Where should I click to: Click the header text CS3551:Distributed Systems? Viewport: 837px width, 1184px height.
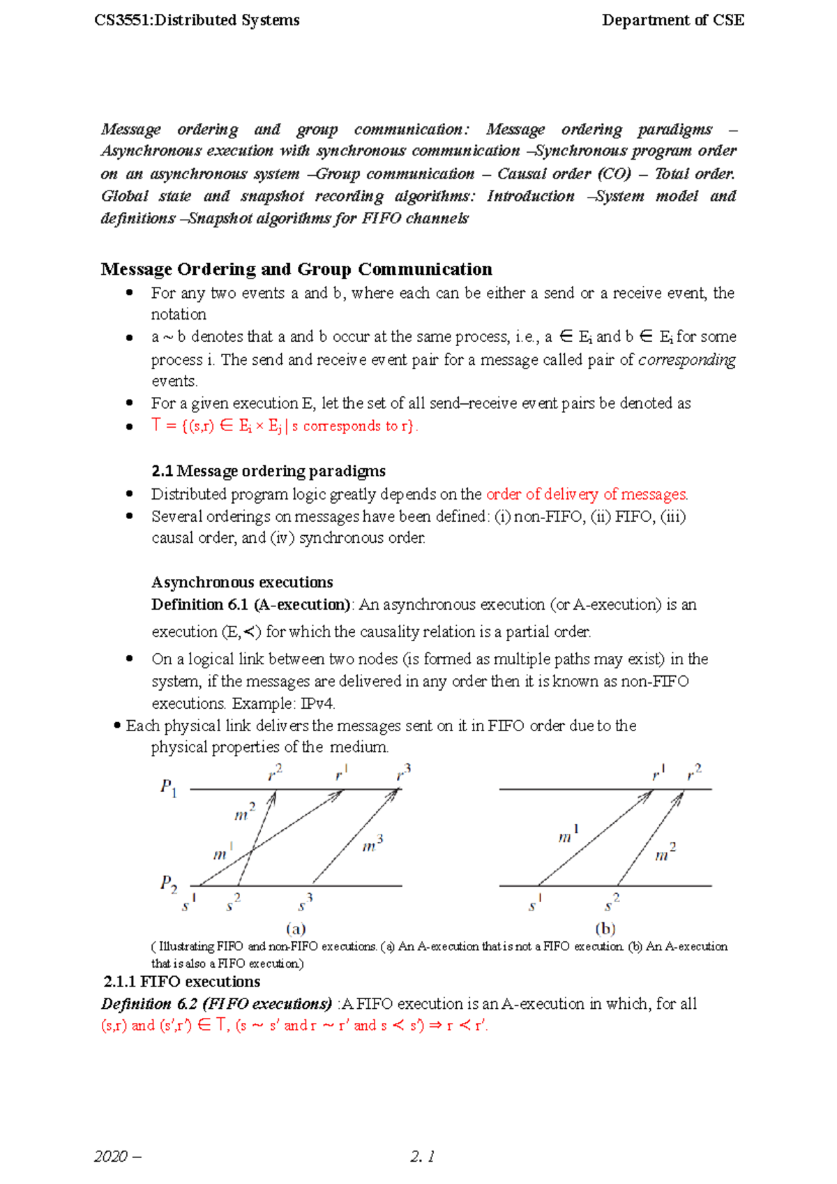[x=197, y=20]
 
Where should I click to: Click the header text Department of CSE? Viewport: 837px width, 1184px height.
[x=672, y=20]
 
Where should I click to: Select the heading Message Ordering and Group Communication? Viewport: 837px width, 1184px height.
[x=296, y=269]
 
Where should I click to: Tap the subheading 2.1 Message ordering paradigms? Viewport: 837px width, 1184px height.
[x=269, y=471]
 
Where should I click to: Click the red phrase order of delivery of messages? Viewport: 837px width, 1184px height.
[x=587, y=495]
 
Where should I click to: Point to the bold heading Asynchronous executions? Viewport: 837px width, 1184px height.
[x=242, y=583]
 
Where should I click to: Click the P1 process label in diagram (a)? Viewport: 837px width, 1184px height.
[x=168, y=788]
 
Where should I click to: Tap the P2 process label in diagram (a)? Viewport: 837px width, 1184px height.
[x=168, y=884]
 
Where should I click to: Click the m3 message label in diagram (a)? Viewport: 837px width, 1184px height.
[x=372, y=845]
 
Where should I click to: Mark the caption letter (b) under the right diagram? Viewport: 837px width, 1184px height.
[x=605, y=929]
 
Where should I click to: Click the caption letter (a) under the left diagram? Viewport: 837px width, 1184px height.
[x=296, y=929]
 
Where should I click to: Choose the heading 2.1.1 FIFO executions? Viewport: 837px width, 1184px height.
[x=181, y=982]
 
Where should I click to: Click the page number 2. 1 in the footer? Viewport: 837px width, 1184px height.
[x=423, y=1157]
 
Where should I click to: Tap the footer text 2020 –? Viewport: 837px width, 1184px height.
[x=117, y=1157]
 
